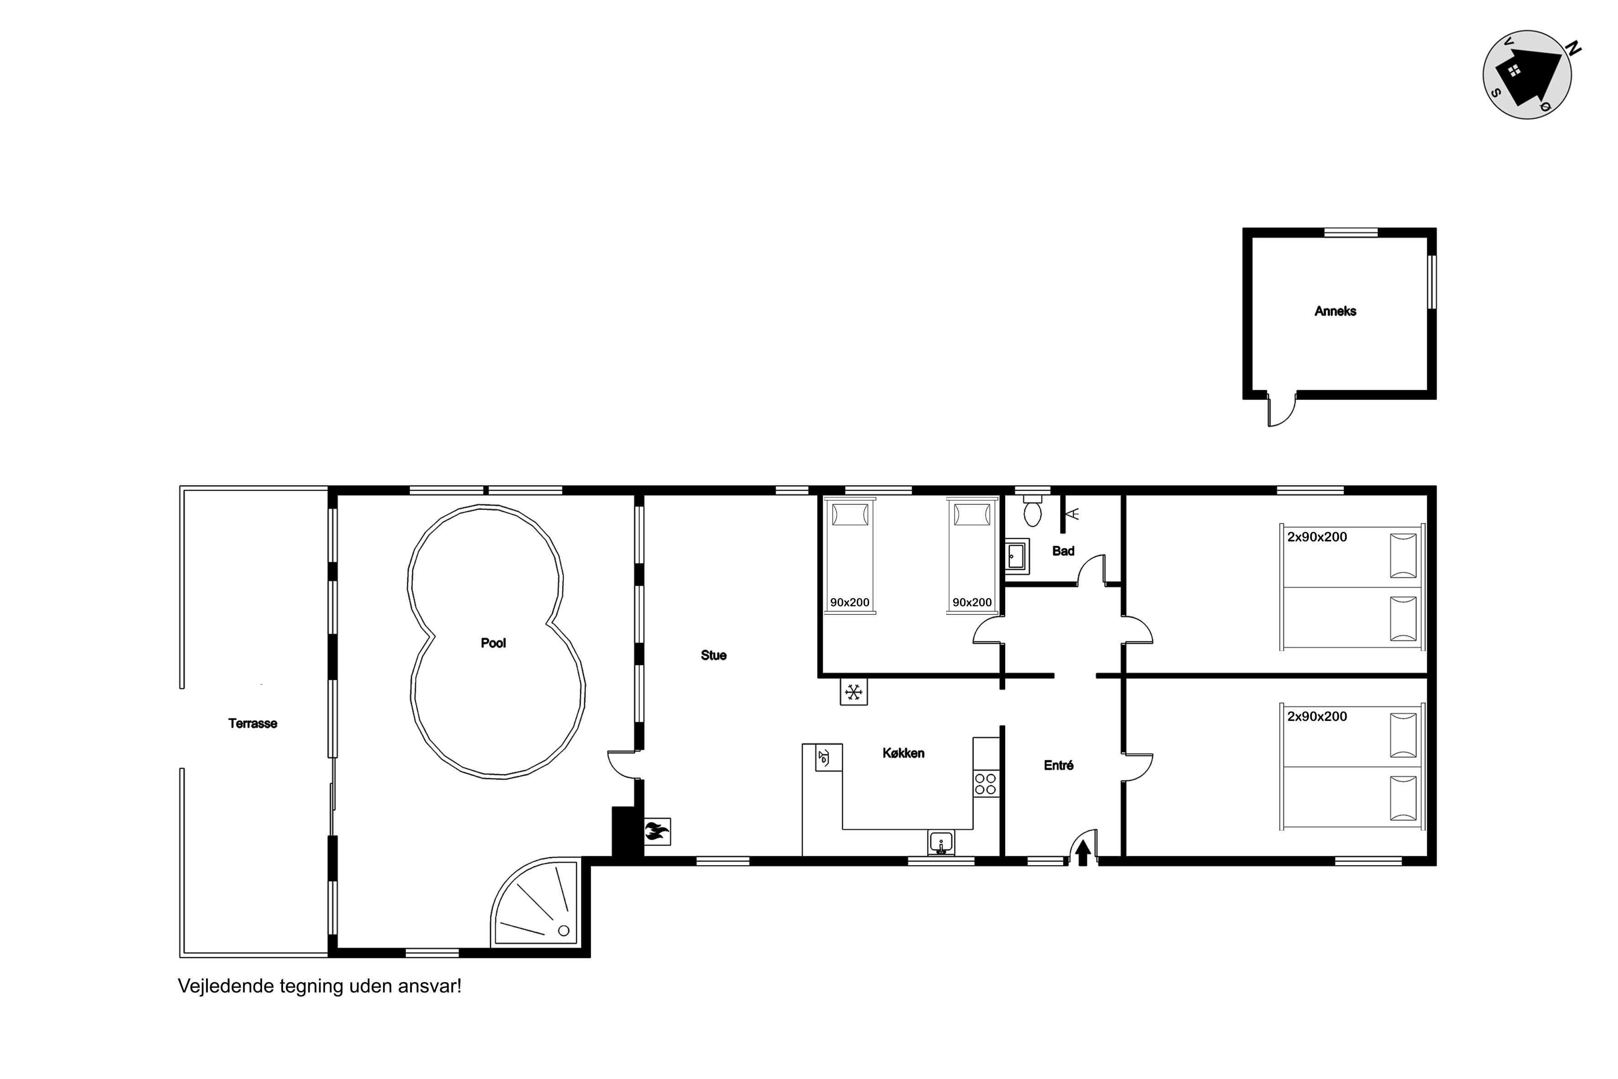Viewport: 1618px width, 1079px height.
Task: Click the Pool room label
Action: (x=493, y=643)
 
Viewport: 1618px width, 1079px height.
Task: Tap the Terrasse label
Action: (x=253, y=723)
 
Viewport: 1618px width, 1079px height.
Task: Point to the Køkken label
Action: (x=903, y=753)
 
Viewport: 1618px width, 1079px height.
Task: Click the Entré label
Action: (x=1058, y=765)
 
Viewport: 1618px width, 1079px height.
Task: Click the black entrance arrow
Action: (x=1083, y=853)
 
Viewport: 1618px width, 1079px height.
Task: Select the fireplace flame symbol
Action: (x=657, y=832)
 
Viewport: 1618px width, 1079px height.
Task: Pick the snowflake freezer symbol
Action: (x=854, y=692)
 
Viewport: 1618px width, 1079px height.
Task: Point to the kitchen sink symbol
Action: (x=940, y=843)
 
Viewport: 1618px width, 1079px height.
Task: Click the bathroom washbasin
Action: (x=1017, y=556)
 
